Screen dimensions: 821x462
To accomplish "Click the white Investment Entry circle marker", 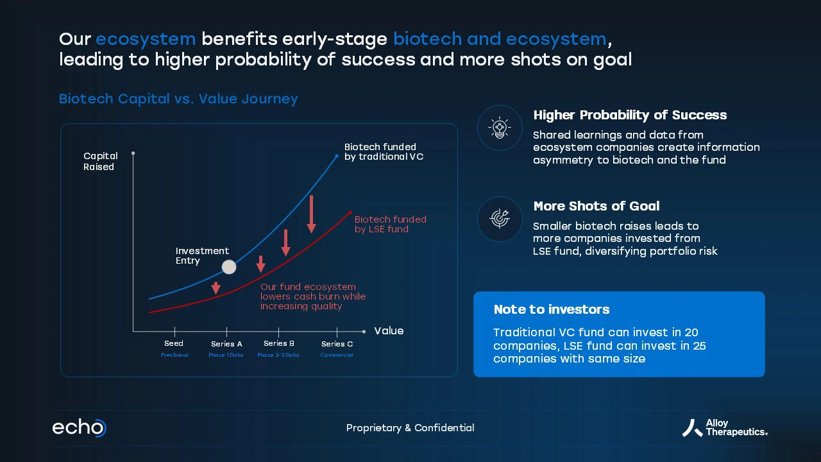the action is point(229,267).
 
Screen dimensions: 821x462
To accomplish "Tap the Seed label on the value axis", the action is point(174,343).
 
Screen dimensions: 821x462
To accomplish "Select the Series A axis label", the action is point(226,343).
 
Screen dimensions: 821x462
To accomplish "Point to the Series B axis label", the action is point(279,343).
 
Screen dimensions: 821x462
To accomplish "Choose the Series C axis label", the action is point(337,343).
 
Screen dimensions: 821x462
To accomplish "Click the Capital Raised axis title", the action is point(101,161).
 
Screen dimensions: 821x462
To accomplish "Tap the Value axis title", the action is point(389,330).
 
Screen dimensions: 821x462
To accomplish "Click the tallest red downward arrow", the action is point(312,214).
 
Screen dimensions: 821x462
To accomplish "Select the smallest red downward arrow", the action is point(216,288).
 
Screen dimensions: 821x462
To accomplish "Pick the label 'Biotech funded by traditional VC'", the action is point(384,152).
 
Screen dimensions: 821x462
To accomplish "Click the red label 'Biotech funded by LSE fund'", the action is point(391,224).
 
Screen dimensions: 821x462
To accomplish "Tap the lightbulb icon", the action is point(500,128).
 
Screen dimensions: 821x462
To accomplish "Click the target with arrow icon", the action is point(500,219).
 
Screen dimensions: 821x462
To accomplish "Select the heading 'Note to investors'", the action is point(552,309).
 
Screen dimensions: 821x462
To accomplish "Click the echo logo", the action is point(79,427).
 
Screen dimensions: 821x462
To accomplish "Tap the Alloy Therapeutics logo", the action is point(725,428).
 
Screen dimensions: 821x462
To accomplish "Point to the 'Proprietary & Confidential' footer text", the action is point(410,428).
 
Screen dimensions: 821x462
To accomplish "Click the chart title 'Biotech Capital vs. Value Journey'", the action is point(178,99).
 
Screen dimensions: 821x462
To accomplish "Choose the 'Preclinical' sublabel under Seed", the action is point(174,355).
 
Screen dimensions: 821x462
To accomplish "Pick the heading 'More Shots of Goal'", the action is point(597,206).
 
